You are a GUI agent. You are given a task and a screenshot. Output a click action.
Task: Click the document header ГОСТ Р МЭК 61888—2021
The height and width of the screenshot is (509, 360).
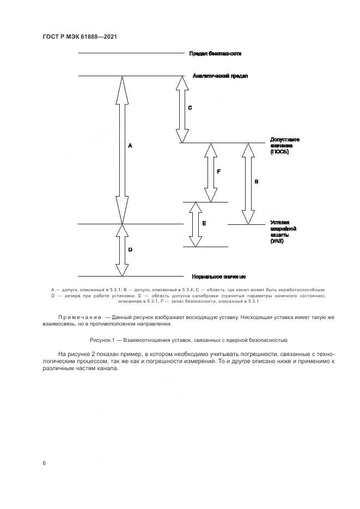80,36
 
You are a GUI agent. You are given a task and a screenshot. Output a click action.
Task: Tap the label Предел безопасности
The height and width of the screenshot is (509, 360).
215,53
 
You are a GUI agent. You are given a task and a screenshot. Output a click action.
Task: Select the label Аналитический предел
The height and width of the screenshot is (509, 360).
220,76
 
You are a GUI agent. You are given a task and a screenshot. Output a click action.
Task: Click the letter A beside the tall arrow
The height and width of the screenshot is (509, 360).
130,146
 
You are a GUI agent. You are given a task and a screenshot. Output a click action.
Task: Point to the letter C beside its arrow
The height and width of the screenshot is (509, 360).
190,108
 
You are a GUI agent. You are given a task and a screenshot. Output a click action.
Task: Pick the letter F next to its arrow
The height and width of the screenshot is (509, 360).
218,171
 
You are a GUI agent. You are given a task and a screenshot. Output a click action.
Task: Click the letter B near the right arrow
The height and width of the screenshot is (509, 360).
256,181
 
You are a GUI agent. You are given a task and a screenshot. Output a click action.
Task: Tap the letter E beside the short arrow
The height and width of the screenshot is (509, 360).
204,223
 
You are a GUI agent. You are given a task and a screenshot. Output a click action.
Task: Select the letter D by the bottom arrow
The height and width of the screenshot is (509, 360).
130,249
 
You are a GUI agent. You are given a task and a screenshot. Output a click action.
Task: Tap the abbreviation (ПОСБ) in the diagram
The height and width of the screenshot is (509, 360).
279,152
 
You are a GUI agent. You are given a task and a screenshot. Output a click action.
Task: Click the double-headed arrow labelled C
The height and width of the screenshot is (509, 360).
182,108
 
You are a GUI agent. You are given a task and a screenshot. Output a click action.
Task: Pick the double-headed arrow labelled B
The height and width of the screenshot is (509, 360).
248,183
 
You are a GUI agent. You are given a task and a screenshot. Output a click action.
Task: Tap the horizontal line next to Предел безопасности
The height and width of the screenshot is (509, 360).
131,53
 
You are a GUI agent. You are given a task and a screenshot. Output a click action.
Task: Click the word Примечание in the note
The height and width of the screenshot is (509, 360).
80,316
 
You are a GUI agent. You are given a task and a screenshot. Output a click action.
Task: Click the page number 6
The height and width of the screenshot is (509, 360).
44,463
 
